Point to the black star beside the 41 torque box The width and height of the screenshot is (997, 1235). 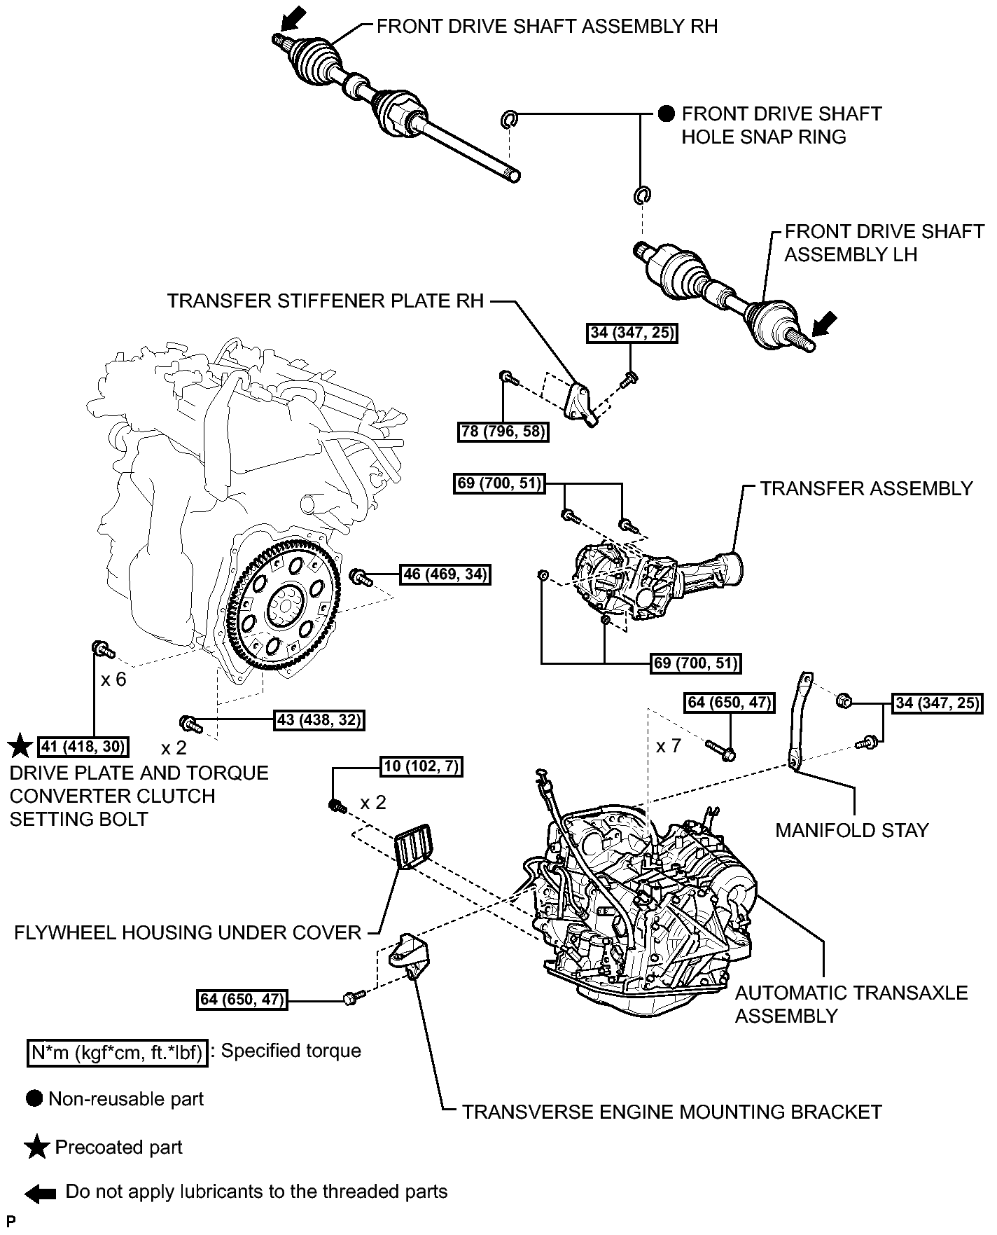pyautogui.click(x=21, y=747)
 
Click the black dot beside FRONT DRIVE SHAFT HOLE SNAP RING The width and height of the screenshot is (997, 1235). pyautogui.click(x=667, y=113)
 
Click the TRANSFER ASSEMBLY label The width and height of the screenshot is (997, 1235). pyautogui.click(x=866, y=488)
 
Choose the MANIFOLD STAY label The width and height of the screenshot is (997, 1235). pyautogui.click(x=851, y=830)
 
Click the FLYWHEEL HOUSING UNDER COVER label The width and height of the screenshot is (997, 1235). pyautogui.click(x=188, y=932)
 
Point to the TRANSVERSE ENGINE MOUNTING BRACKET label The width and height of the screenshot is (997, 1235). pyautogui.click(x=671, y=1112)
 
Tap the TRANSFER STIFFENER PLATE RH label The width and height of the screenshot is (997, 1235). pyautogui.click(x=326, y=301)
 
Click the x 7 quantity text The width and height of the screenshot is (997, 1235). pyautogui.click(x=668, y=746)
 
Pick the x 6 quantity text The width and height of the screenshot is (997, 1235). pyautogui.click(x=113, y=679)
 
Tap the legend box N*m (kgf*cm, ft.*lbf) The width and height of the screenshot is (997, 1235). pyautogui.click(x=118, y=1053)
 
